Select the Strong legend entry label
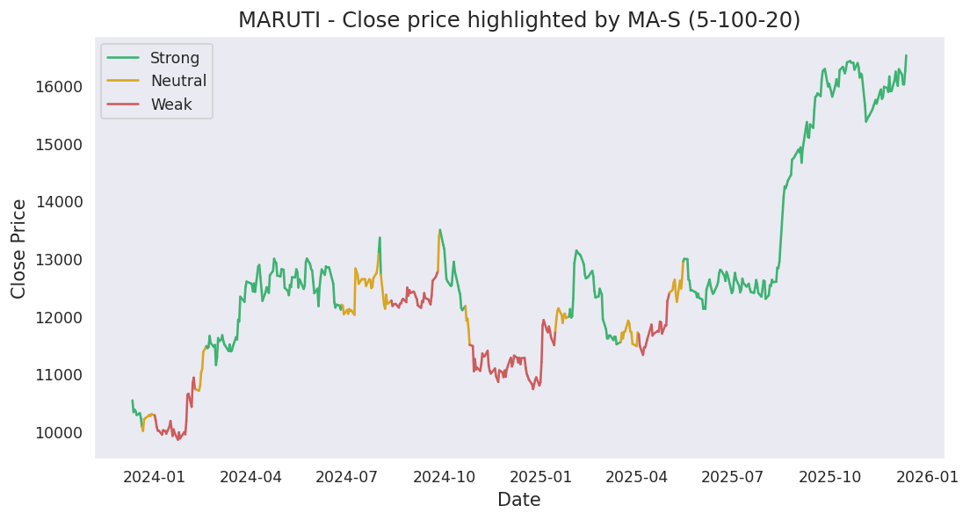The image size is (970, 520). tap(175, 58)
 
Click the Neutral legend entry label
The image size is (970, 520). tap(178, 81)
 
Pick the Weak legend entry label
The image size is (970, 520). tap(171, 105)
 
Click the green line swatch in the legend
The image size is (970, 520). tap(124, 58)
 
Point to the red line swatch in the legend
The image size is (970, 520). tap(124, 105)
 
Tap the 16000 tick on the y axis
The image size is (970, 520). tap(58, 87)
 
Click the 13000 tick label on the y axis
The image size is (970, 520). tap(58, 260)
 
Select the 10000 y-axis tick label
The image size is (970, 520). tap(58, 433)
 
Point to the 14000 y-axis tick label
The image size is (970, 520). tap(58, 202)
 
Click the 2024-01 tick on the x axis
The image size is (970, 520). tap(154, 477)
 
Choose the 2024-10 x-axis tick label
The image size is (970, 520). tap(444, 477)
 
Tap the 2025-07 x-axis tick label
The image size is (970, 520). tap(733, 477)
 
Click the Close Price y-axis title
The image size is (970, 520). tap(19, 249)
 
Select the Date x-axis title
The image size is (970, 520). tap(519, 501)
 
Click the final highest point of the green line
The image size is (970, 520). tap(906, 55)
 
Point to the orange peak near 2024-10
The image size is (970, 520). tap(438, 235)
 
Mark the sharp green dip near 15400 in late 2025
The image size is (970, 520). tap(865, 121)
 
